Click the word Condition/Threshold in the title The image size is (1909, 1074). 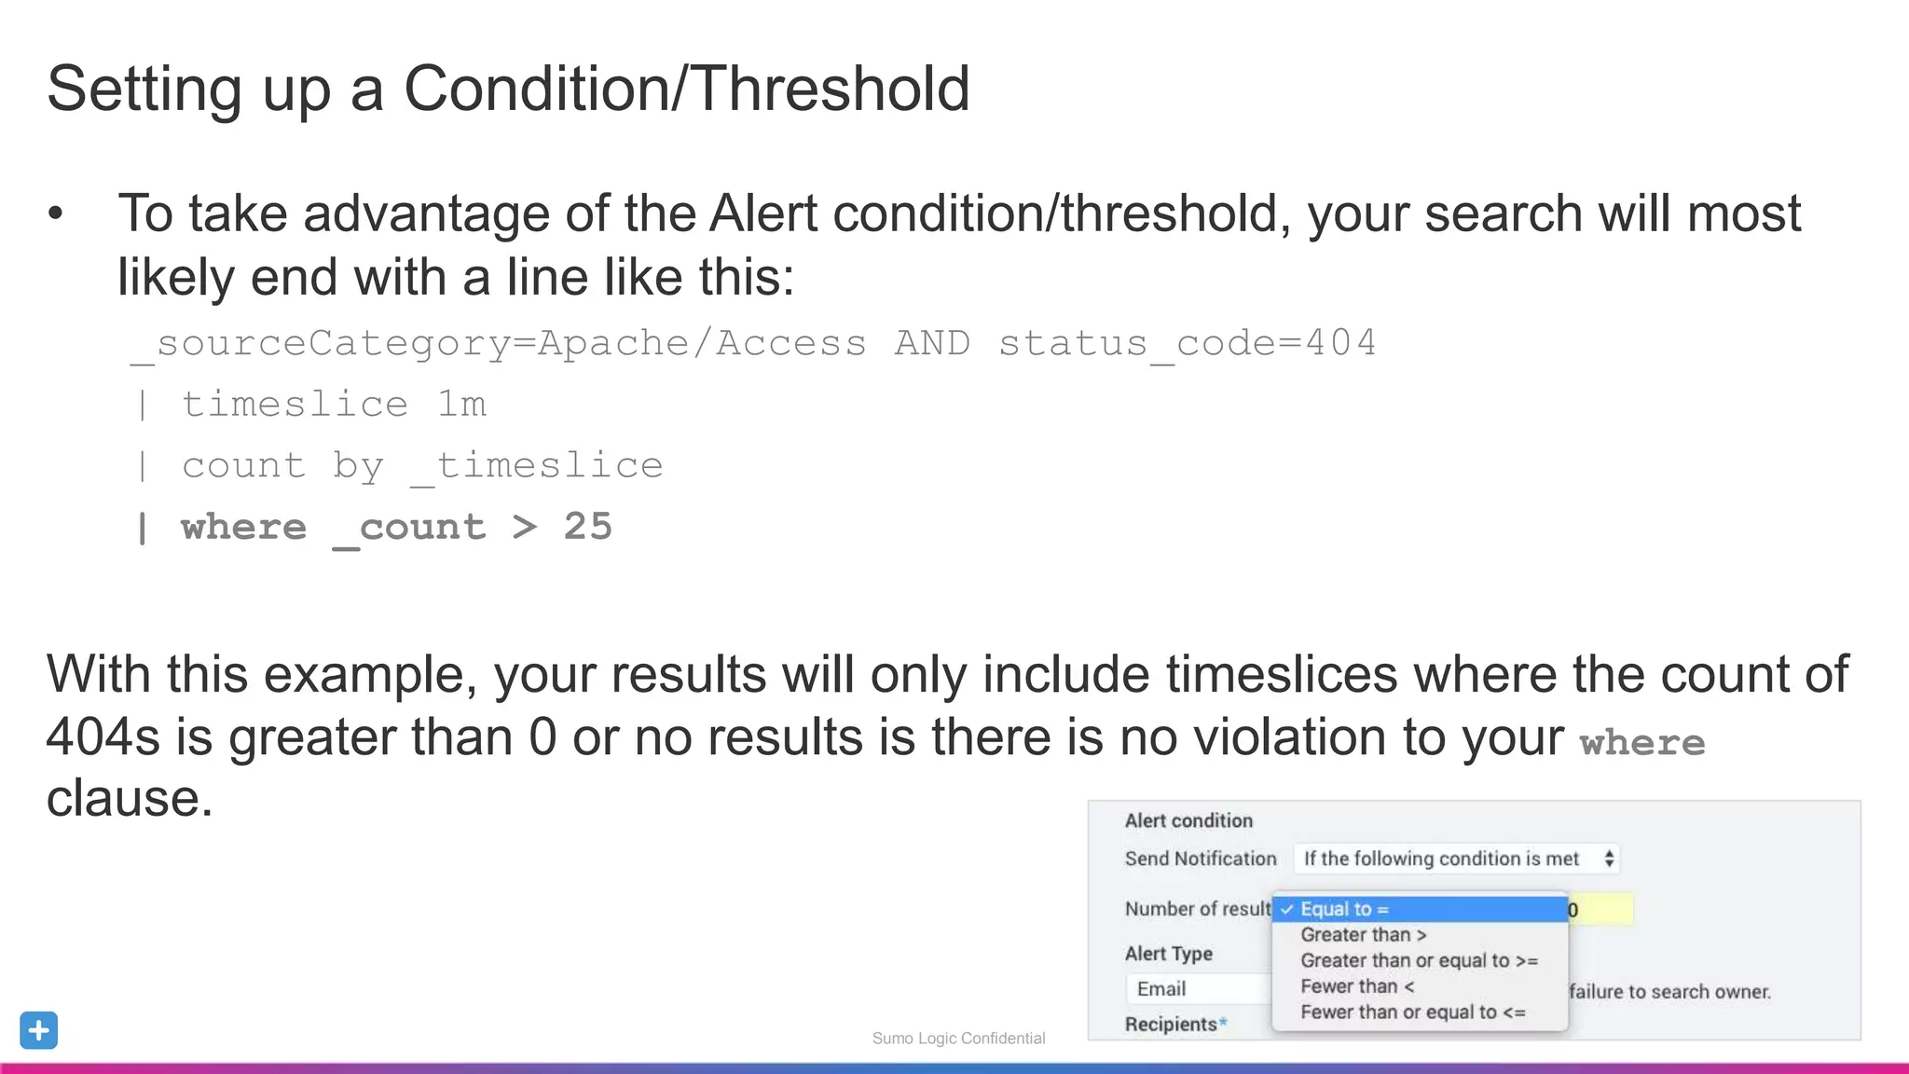686,89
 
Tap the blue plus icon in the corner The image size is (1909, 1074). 38,1030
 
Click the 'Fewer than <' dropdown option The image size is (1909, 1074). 1357,986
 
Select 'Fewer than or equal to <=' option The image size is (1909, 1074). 1413,1012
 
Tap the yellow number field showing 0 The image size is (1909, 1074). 1600,910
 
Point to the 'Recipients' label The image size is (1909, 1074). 1171,1025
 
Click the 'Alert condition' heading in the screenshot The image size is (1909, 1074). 1188,821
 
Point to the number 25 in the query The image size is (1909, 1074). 587,527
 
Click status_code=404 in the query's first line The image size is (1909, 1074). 1187,344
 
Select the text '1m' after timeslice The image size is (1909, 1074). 462,405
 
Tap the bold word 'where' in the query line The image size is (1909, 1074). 243,528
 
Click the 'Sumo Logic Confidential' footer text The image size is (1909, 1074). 958,1039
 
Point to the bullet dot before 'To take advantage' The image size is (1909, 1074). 56,213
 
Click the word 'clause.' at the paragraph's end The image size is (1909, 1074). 130,799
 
